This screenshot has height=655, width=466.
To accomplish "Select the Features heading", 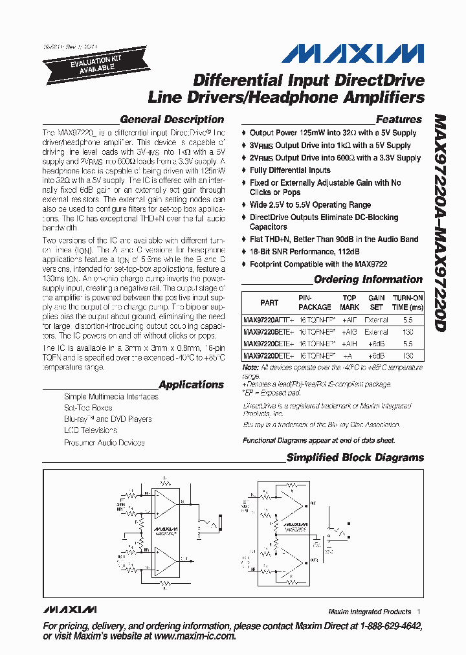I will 399,120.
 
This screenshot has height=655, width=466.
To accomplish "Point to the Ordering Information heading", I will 368,280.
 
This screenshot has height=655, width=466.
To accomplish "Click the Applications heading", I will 191,384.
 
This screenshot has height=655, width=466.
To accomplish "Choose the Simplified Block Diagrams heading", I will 355,458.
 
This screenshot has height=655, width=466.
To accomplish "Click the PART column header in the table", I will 269,302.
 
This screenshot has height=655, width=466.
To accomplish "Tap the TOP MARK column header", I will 349,302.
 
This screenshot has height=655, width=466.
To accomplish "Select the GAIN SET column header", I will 377,302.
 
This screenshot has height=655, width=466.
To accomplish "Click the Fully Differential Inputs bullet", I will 290,170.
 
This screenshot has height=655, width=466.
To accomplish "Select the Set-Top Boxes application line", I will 88,408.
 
